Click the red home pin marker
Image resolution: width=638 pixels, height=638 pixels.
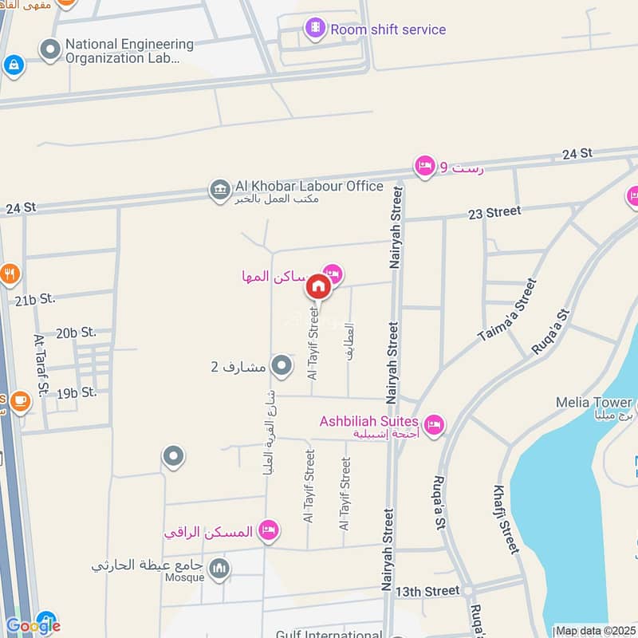[x=318, y=286]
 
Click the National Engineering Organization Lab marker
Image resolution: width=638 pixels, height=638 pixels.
[x=51, y=51]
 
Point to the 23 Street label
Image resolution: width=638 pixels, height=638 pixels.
[x=494, y=212]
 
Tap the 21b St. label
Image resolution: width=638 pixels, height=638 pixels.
[x=34, y=299]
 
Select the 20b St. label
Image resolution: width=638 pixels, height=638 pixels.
[x=76, y=332]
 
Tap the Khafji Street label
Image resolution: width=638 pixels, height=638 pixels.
[x=506, y=519]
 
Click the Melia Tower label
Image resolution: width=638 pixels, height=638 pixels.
[x=595, y=403]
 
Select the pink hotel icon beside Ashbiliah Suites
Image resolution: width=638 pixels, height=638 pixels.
[x=434, y=422]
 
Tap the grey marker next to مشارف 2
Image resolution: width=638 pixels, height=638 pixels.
[x=282, y=366]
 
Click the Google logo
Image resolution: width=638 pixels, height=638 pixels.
[x=33, y=626]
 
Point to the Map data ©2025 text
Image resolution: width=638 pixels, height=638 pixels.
[x=596, y=631]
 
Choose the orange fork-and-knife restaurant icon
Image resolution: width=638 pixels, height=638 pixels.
[x=10, y=275]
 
